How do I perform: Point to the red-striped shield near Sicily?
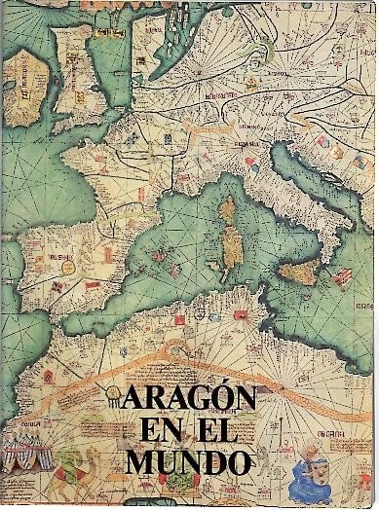[x=340, y=277]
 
